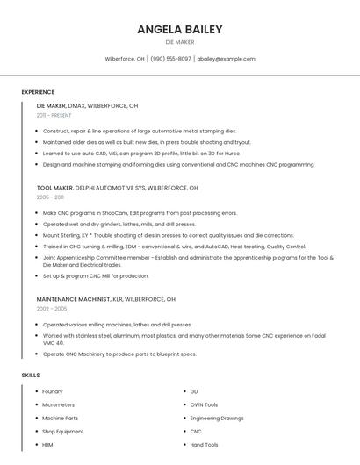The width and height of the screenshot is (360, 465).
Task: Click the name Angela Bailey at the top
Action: (x=180, y=29)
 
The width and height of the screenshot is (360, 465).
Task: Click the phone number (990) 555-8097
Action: (x=170, y=59)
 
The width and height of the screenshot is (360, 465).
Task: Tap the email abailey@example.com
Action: (x=226, y=59)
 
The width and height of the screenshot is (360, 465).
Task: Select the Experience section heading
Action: (x=38, y=92)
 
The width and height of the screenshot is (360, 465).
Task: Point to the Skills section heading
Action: (x=31, y=375)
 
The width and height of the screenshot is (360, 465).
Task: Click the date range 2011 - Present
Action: (x=54, y=115)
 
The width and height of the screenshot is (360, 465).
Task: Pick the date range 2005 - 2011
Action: (x=50, y=197)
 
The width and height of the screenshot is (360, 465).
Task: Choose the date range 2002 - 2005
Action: (x=52, y=309)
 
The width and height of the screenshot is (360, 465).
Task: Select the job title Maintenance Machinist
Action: (x=74, y=299)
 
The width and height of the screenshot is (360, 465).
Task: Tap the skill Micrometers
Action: (x=58, y=404)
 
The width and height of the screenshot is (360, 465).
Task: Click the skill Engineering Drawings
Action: (x=217, y=418)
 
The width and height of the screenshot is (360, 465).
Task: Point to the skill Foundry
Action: (x=52, y=391)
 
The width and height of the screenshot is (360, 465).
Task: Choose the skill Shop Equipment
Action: (x=63, y=432)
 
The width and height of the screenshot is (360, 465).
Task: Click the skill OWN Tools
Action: (x=204, y=404)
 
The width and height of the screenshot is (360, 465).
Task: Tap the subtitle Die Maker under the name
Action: (x=180, y=42)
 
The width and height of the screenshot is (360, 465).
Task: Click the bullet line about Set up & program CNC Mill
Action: (x=96, y=275)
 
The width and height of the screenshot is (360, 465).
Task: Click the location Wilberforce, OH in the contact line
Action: (x=125, y=59)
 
